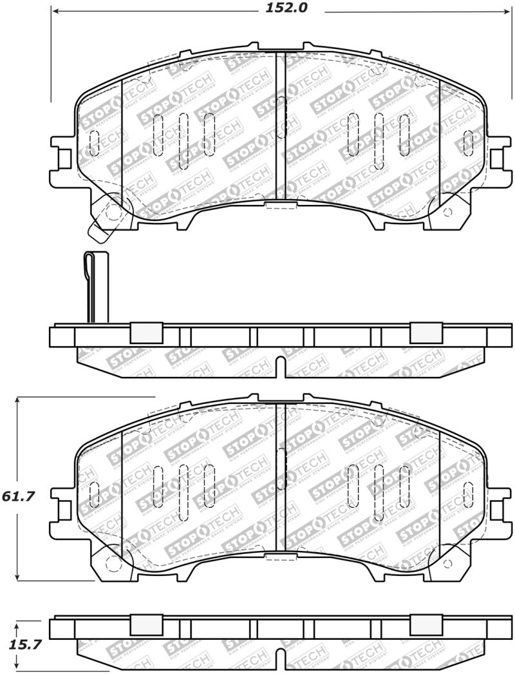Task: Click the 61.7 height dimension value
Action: pos(21,497)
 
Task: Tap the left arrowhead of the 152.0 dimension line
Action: pos(55,12)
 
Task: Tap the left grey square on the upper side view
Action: pos(145,332)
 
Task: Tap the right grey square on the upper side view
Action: pos(426,332)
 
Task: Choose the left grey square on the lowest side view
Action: pos(145,625)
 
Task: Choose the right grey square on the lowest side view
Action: pos(426,625)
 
